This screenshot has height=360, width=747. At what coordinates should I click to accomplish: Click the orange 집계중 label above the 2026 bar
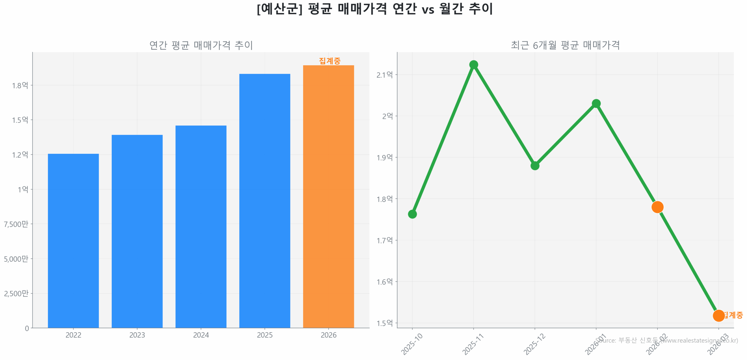point(329,61)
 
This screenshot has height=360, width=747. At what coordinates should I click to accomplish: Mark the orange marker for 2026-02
point(657,207)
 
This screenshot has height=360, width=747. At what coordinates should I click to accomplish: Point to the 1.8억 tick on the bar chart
point(20,85)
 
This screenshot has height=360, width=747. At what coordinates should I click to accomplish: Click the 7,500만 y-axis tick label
point(16,224)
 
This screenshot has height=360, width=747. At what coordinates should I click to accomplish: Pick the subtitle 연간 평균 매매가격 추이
point(201,45)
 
